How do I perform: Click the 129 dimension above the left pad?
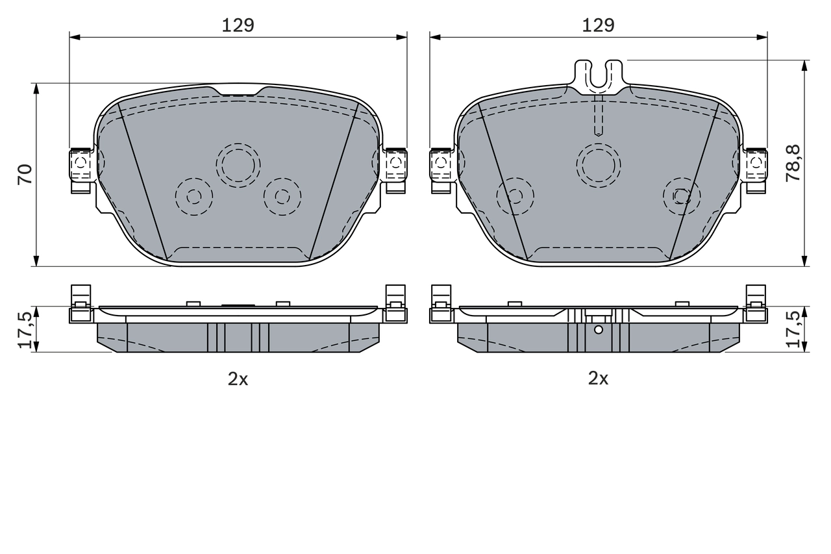(x=238, y=25)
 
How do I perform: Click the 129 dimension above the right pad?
(x=598, y=25)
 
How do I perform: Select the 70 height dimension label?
(x=25, y=174)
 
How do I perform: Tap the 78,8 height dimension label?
(x=793, y=163)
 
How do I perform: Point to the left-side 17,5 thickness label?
(x=25, y=329)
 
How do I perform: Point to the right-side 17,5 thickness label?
(x=793, y=329)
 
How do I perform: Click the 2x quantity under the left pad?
(x=238, y=379)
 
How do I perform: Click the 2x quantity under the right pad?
(x=598, y=379)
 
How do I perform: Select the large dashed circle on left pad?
(x=238, y=165)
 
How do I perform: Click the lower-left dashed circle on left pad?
(x=193, y=196)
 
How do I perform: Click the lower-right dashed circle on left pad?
(x=282, y=196)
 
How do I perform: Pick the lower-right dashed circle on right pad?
(x=681, y=195)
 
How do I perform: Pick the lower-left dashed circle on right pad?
(x=515, y=195)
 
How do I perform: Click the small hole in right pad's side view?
(x=599, y=329)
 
